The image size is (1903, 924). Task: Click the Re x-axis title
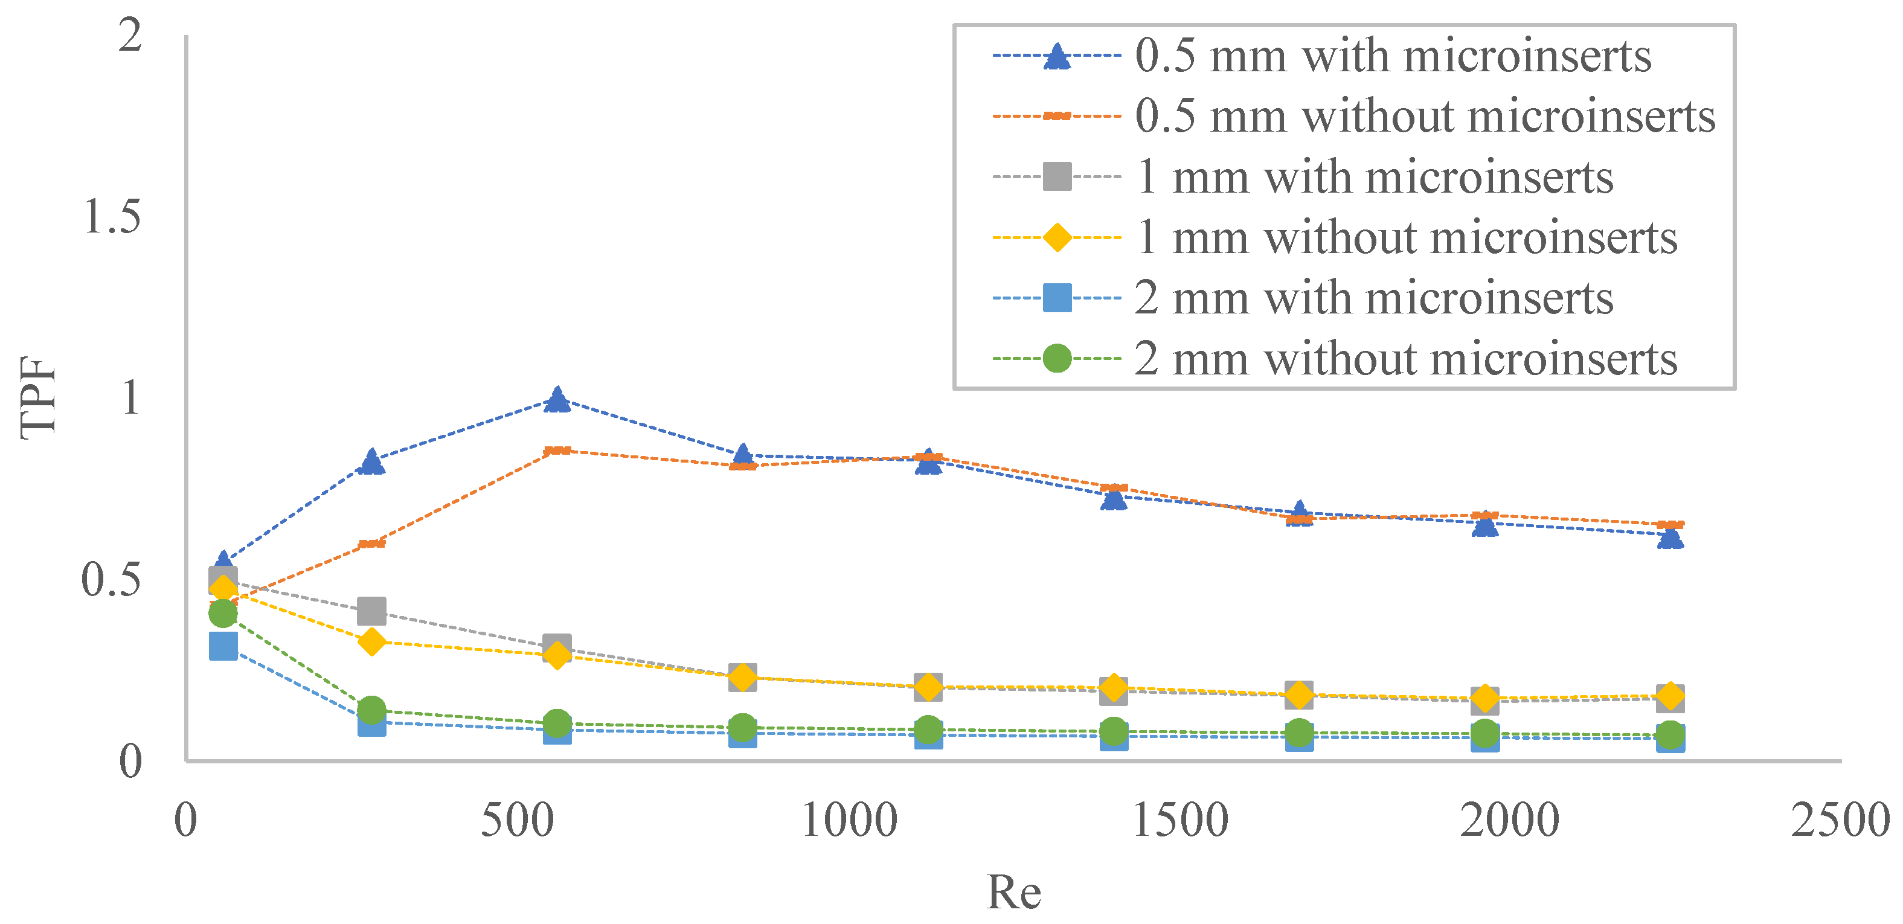1013,891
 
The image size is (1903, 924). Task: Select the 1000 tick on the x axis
849,820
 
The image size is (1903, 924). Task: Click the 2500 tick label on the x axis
1840,820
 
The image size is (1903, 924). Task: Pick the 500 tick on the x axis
517,820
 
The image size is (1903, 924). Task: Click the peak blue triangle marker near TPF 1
557,400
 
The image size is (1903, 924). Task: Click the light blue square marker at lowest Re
223,646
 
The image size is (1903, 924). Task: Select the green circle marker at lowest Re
223,612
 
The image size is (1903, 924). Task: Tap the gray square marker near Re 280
371,612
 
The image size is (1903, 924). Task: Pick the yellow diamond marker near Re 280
371,642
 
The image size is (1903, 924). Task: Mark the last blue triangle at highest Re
1670,536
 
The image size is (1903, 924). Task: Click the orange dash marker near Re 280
371,544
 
